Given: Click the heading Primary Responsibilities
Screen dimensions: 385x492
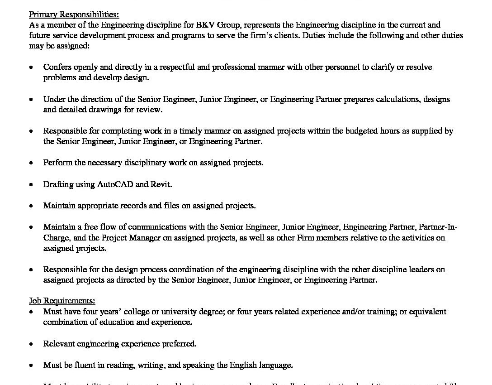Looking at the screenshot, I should pyautogui.click(x=74, y=14).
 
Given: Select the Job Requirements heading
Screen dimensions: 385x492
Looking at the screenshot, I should pyautogui.click(x=62, y=301).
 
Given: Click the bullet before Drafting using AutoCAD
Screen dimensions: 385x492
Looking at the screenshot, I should pyautogui.click(x=31, y=185).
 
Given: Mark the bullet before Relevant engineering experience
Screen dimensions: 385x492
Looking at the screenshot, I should pyautogui.click(x=31, y=344).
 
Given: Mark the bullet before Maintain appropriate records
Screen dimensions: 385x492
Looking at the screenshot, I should pyautogui.click(x=31, y=206).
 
